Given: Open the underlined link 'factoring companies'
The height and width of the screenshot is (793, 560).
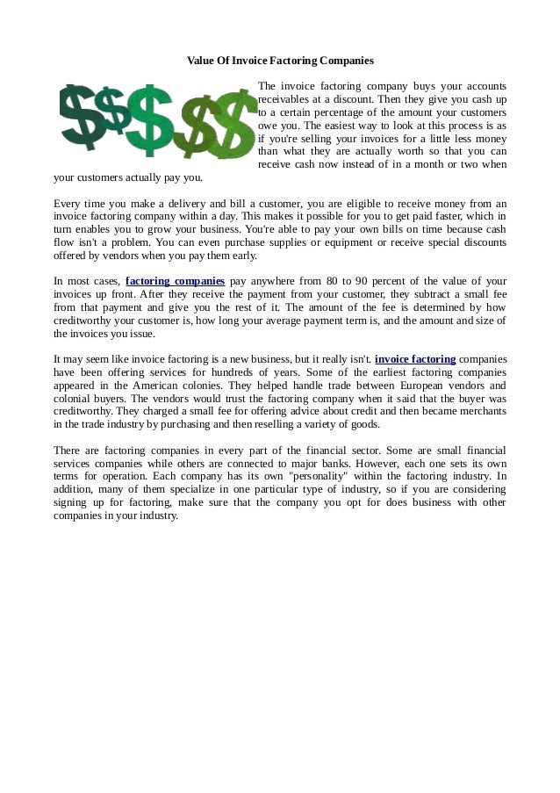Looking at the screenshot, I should (176, 281).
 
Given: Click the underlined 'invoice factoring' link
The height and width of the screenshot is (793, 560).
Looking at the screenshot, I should (415, 359).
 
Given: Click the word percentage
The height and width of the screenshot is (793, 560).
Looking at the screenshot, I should (344, 112).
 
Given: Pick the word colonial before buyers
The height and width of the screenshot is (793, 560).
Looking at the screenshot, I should (74, 398).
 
